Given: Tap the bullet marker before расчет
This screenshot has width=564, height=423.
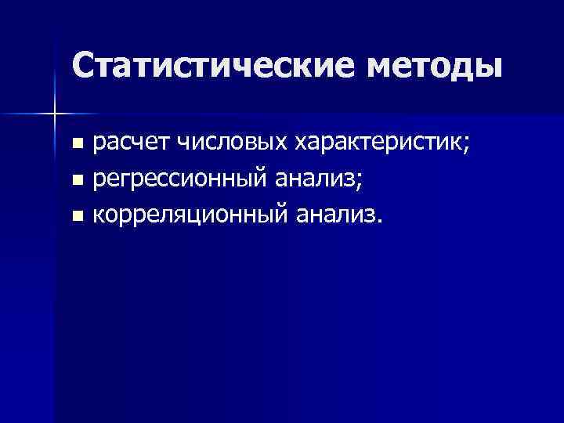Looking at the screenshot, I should pyautogui.click(x=76, y=145).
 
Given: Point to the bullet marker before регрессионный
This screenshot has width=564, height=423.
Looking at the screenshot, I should pyautogui.click(x=76, y=181).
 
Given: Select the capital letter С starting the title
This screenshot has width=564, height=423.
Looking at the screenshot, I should pyautogui.click(x=84, y=67).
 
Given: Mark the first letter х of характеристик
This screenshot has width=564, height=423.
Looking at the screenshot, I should pyautogui.click(x=301, y=145).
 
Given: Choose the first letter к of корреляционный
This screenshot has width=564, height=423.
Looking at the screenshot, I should pyautogui.click(x=99, y=216).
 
